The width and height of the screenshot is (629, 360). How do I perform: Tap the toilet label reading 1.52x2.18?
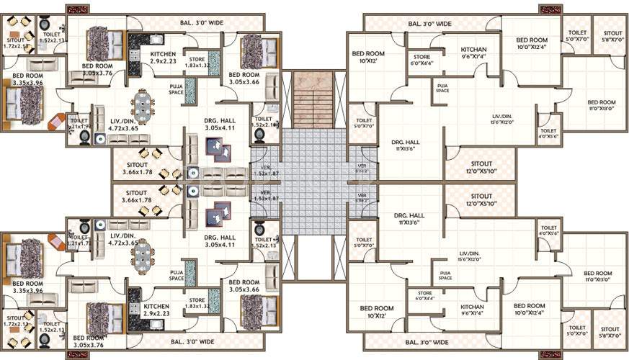(x=265, y=122)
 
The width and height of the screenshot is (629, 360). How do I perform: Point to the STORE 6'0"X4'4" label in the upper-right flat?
(x=421, y=60)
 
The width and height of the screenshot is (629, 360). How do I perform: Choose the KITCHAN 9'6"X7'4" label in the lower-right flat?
(x=474, y=310)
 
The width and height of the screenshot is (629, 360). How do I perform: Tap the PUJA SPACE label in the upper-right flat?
(x=442, y=88)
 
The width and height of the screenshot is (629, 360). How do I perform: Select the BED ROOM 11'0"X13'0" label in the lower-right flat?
(x=598, y=276)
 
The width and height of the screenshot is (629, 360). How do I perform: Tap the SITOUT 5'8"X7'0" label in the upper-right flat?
(x=612, y=37)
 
